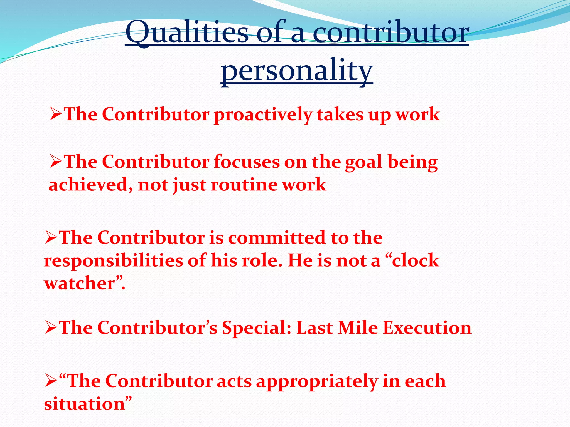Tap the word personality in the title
(297, 71)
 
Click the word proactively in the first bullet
(263, 115)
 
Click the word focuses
(247, 162)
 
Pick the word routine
(244, 185)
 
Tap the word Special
(257, 328)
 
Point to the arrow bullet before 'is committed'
(51, 238)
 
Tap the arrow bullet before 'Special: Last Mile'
(51, 327)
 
